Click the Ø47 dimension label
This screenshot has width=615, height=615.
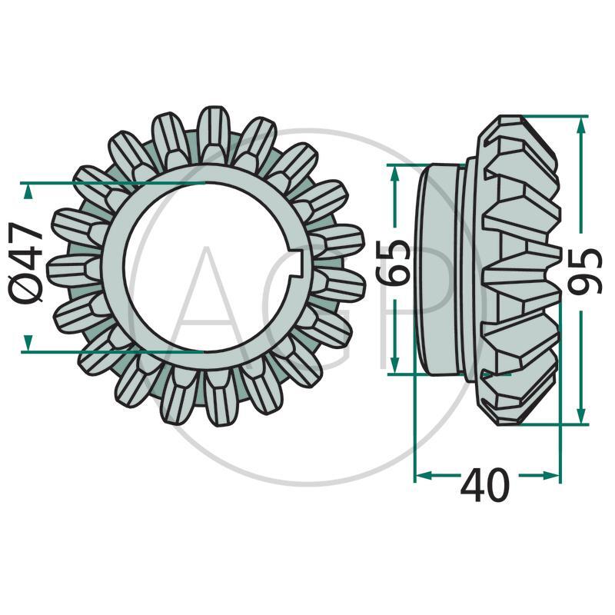(25, 268)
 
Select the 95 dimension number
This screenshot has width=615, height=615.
(585, 271)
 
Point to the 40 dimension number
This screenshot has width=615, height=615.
(484, 485)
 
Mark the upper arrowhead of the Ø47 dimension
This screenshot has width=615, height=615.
(27, 192)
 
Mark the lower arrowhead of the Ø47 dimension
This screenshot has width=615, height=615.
(27, 342)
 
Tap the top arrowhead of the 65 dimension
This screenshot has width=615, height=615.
(395, 174)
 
